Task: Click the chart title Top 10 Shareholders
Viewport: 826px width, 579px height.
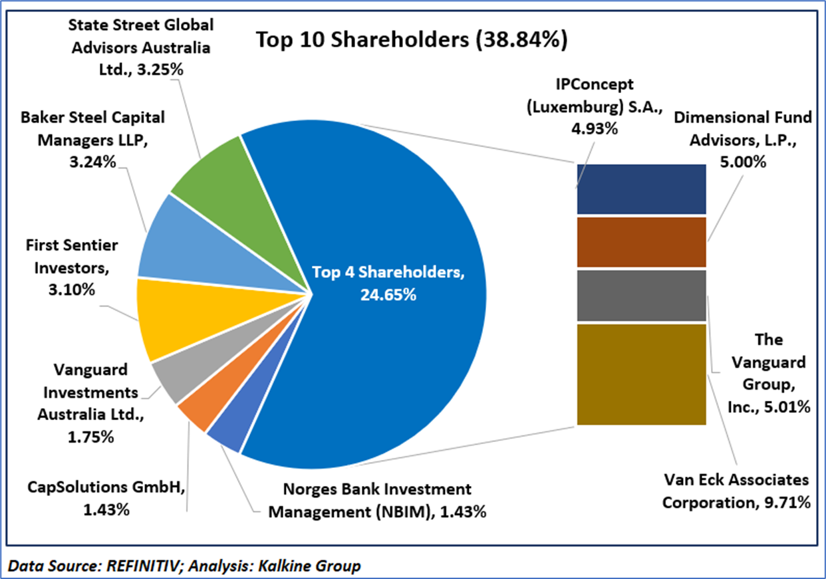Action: tap(412, 41)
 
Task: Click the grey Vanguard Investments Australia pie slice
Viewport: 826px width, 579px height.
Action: tap(170, 380)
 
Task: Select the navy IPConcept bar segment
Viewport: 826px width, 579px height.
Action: tap(640, 189)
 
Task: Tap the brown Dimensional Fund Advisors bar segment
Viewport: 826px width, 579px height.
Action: tap(640, 242)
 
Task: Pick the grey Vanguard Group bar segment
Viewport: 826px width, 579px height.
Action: tap(640, 295)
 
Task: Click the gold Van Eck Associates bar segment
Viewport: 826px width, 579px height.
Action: tap(640, 374)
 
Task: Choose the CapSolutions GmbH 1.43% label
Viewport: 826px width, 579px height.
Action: tap(106, 498)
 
